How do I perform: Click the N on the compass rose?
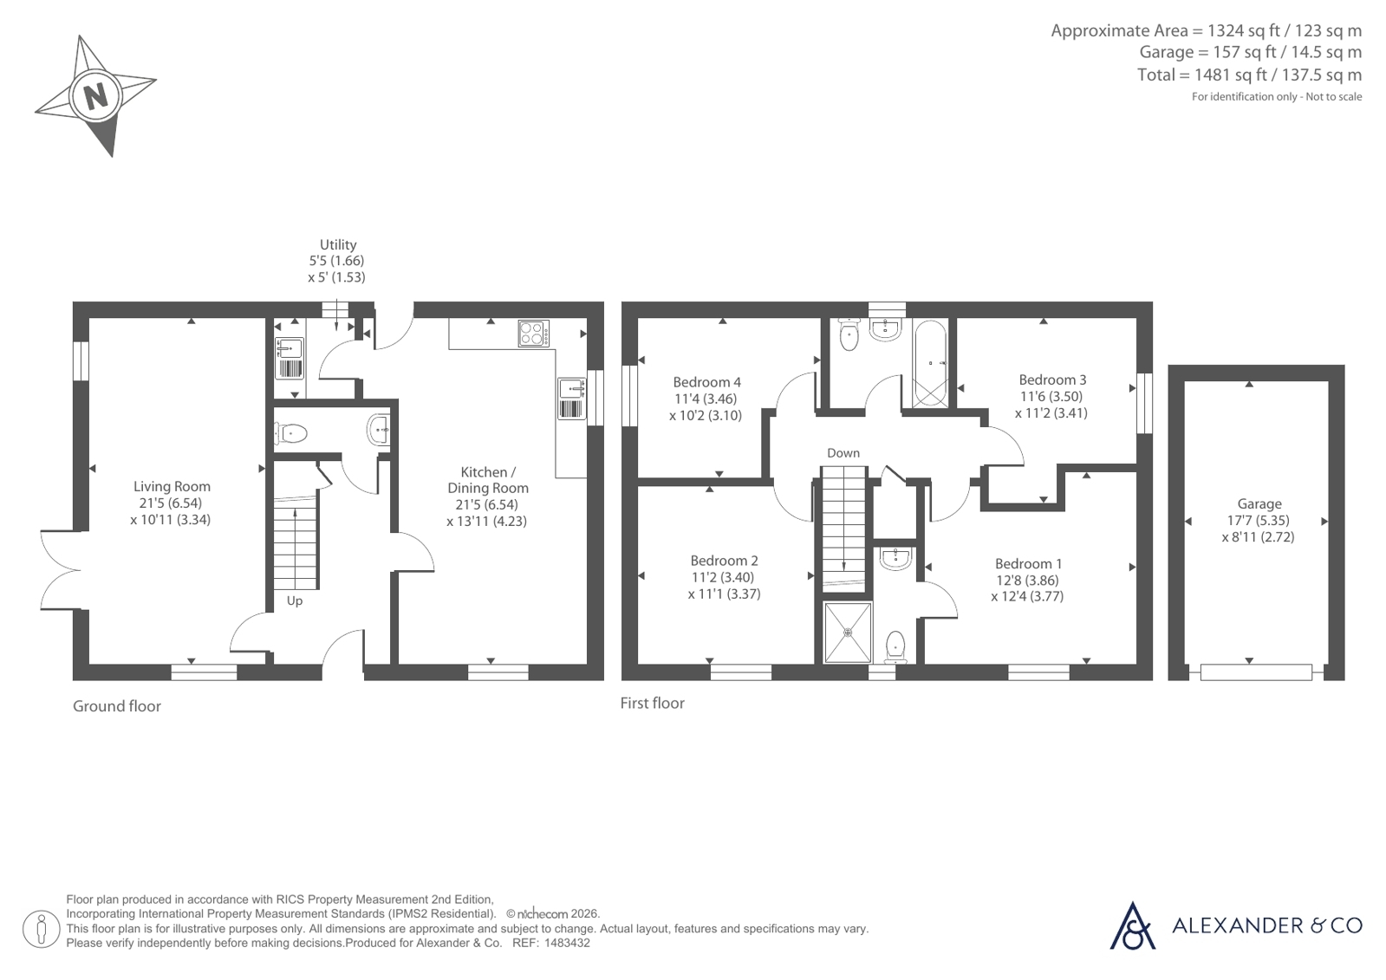pyautogui.click(x=95, y=97)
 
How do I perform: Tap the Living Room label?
pyautogui.click(x=172, y=487)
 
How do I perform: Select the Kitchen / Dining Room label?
pyautogui.click(x=488, y=480)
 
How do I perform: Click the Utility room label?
pyautogui.click(x=338, y=245)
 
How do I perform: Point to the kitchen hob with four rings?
pyautogui.click(x=533, y=333)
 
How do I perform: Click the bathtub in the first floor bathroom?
pyautogui.click(x=929, y=363)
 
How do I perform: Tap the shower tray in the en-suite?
pyautogui.click(x=848, y=633)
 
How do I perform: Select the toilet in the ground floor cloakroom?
pyautogui.click(x=291, y=433)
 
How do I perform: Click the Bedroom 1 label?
pyautogui.click(x=1028, y=564)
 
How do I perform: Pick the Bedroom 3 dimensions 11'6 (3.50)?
pyautogui.click(x=1051, y=397)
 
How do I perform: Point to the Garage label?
pyautogui.click(x=1259, y=504)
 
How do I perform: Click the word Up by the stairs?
pyautogui.click(x=295, y=600)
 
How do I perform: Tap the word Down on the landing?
pyautogui.click(x=843, y=453)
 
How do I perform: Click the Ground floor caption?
pyautogui.click(x=117, y=706)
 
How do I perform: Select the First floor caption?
pyautogui.click(x=652, y=704)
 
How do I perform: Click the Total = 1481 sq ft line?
pyautogui.click(x=1249, y=75)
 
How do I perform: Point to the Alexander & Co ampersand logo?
pyautogui.click(x=1132, y=926)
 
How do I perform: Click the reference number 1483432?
pyautogui.click(x=567, y=944)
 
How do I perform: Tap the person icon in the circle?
pyautogui.click(x=42, y=929)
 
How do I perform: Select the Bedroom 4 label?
pyautogui.click(x=706, y=382)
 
